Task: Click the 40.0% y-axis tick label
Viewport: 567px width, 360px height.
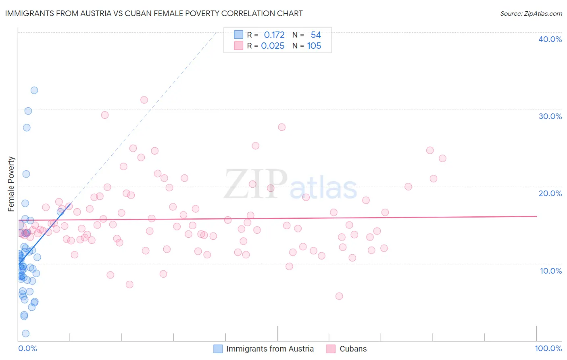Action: click(550, 39)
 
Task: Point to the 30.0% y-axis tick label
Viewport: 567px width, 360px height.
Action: click(550, 116)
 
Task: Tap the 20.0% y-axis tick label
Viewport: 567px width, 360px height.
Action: click(550, 193)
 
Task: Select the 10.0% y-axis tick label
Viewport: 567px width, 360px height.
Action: click(550, 271)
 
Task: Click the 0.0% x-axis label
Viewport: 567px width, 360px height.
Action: click(27, 348)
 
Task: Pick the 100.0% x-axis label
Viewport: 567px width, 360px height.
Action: click(548, 348)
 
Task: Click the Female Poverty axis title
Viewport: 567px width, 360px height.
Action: click(11, 184)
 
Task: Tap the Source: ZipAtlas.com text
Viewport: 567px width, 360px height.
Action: click(531, 14)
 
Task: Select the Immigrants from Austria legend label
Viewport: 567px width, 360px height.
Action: click(270, 349)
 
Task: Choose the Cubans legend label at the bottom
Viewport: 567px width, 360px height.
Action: click(353, 349)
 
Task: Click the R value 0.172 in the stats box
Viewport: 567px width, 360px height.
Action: click(274, 35)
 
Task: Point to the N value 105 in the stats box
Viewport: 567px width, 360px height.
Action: click(314, 46)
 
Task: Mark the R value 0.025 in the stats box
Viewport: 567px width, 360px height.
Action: click(273, 46)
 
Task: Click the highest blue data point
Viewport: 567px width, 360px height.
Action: click(34, 90)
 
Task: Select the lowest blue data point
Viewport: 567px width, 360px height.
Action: click(25, 333)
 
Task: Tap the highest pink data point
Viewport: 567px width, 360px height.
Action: click(144, 100)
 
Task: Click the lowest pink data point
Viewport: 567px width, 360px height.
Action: click(339, 296)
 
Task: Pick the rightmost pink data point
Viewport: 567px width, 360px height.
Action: click(442, 158)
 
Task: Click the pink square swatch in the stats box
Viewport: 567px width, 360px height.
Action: click(239, 46)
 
